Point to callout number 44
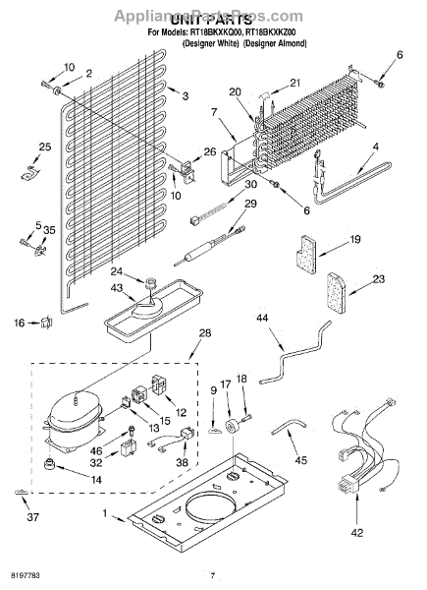click(x=262, y=318)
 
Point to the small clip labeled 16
click(x=45, y=322)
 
